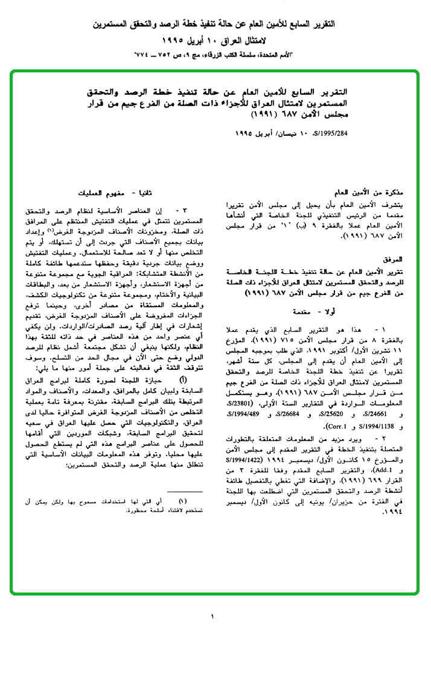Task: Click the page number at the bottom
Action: tap(212, 616)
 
